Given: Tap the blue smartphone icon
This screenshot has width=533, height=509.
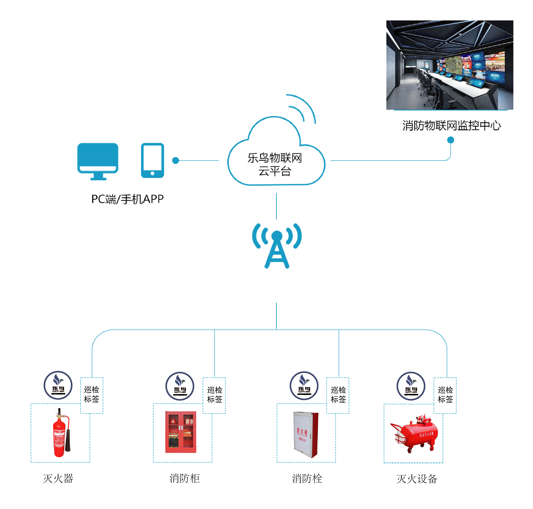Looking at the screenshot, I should click(x=152, y=160).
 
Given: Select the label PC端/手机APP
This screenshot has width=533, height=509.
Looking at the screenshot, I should click(x=127, y=199).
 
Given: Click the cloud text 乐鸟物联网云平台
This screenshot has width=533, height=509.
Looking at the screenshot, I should click(x=274, y=164).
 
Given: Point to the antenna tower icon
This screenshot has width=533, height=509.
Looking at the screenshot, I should click(x=276, y=245).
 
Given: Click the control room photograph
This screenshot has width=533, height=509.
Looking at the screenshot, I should click(x=449, y=65).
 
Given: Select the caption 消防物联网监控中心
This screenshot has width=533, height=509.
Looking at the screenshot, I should click(x=451, y=126).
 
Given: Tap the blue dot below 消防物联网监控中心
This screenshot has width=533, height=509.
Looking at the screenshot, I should click(x=450, y=140).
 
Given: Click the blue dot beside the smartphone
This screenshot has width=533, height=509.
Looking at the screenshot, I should click(x=176, y=161).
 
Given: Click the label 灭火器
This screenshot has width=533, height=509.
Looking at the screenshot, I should click(x=58, y=479).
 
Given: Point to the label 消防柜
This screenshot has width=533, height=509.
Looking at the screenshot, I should click(x=184, y=479).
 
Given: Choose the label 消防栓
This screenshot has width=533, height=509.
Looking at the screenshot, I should click(x=307, y=479).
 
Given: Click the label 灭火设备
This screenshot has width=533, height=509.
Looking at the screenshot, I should click(x=417, y=479).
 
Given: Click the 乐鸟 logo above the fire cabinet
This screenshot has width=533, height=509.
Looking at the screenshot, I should click(x=180, y=386).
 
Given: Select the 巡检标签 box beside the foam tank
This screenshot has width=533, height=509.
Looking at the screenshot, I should click(x=445, y=395).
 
